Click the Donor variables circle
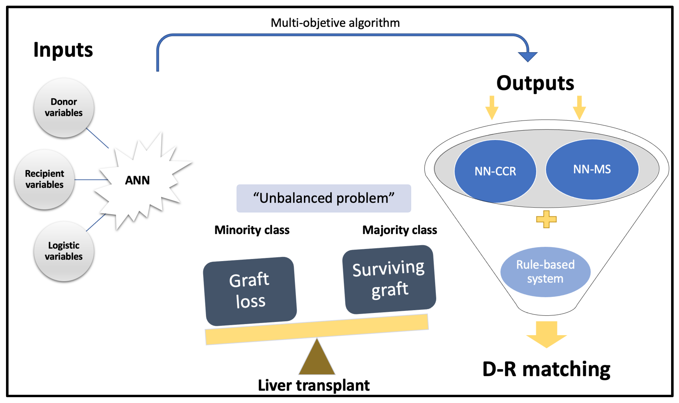(64, 108)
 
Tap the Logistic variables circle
(64, 251)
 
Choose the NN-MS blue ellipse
(592, 169)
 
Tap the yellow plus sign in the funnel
(546, 219)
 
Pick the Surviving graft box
(389, 279)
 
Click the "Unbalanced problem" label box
(324, 198)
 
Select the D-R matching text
(546, 370)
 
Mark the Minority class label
(252, 230)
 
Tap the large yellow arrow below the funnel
(546, 334)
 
